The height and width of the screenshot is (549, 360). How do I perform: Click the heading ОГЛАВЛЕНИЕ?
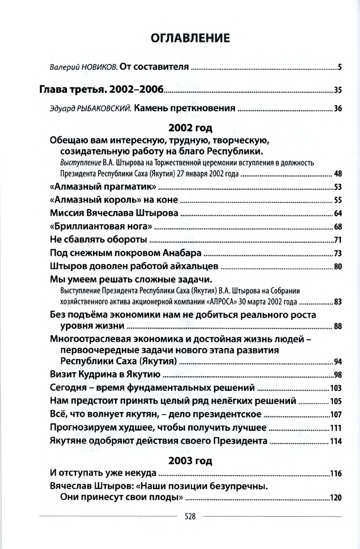click(190, 38)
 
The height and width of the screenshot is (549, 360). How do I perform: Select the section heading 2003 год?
click(190, 460)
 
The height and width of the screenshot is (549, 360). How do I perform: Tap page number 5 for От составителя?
click(339, 68)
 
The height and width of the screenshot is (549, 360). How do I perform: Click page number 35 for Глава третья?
click(337, 89)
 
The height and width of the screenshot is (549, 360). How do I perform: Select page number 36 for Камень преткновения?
click(337, 109)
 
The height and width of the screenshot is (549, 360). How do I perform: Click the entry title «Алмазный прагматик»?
click(103, 187)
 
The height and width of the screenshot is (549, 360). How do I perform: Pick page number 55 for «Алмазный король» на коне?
click(337, 200)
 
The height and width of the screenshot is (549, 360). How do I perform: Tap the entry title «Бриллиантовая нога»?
click(101, 227)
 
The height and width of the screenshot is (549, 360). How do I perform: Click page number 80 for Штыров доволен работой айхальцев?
click(337, 267)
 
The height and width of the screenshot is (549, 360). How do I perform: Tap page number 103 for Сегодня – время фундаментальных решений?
click(336, 387)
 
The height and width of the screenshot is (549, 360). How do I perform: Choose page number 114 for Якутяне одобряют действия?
click(336, 441)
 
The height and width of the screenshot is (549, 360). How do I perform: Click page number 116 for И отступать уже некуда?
click(336, 474)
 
